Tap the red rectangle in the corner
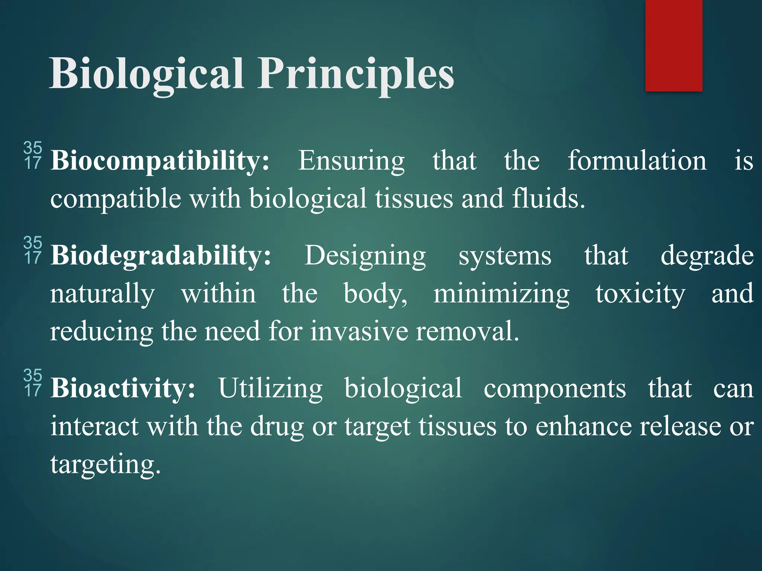(673, 45)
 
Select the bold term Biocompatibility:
(160, 161)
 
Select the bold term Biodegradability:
(161, 256)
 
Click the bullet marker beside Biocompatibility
(33, 155)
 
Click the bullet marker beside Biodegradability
(33, 250)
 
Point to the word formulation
(637, 161)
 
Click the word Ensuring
(351, 161)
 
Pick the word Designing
(365, 256)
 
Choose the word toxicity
(640, 294)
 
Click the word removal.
(467, 331)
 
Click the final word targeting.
(105, 465)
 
